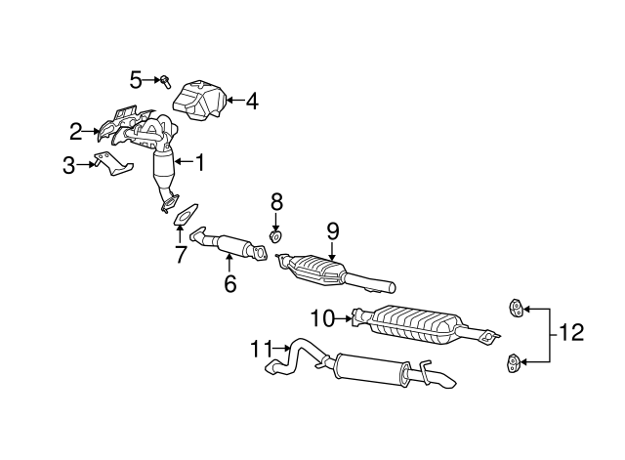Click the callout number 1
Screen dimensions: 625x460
tap(200, 162)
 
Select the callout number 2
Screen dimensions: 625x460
tap(76, 132)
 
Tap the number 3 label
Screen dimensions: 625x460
tap(68, 165)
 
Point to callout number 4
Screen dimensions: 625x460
tap(252, 102)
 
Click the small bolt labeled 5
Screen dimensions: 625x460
tap(165, 81)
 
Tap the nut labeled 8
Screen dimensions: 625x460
tap(275, 236)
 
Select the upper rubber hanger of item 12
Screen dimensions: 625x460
tap(516, 308)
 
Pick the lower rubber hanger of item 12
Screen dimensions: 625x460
tap(514, 362)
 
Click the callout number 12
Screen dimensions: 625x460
tap(571, 332)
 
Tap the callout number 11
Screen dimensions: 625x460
tap(261, 349)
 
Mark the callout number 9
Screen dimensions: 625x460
tap(333, 231)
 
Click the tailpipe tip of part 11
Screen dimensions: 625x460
tap(446, 381)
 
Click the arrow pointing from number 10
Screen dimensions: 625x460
tap(343, 318)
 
